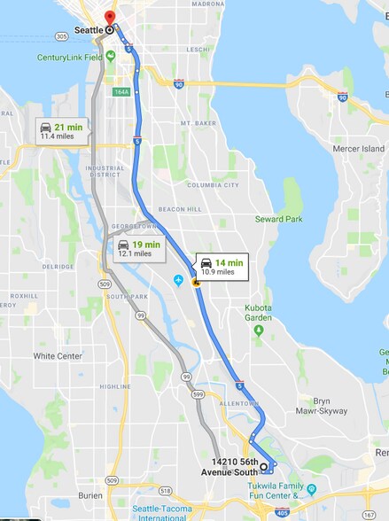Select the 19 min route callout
pos(138,248)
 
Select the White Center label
pos(57,356)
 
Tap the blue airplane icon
pos(179,281)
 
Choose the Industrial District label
pos(105,170)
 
